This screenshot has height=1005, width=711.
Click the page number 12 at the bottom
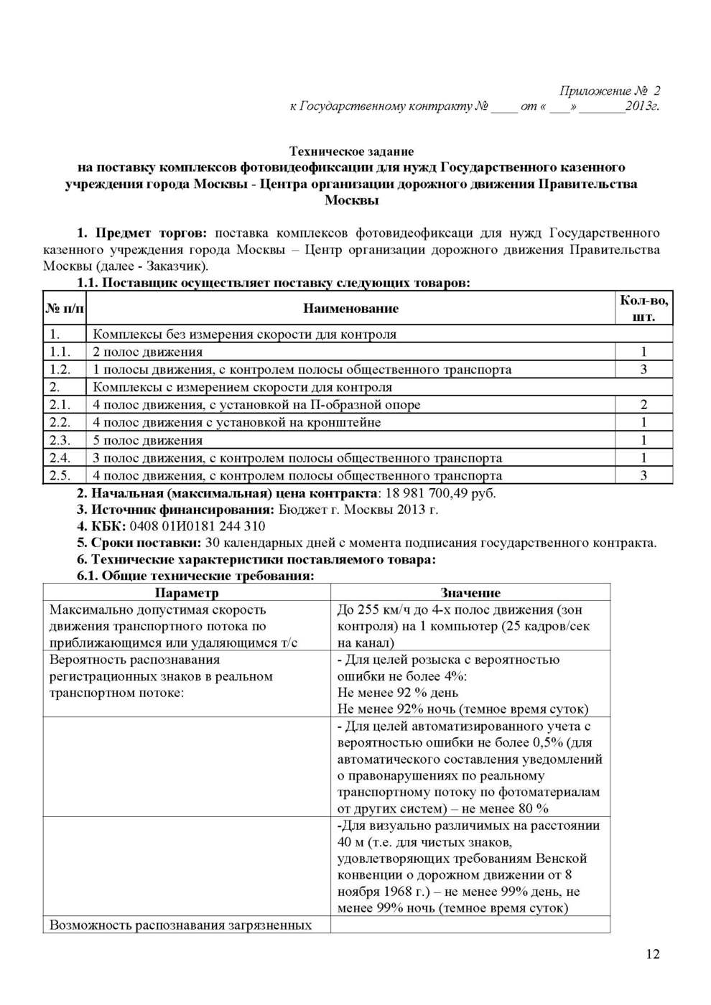click(652, 954)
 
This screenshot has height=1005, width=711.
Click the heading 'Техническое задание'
click(351, 151)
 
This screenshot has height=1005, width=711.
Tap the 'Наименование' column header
click(350, 309)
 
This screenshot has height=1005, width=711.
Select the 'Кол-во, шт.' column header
click(643, 308)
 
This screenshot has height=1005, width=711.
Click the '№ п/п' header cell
click(65, 309)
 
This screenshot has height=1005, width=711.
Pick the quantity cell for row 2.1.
click(643, 405)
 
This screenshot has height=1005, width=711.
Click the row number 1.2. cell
click(60, 370)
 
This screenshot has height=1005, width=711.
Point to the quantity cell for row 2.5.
click(643, 475)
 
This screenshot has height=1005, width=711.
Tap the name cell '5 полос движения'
click(148, 440)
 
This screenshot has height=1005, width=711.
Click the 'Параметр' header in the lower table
click(187, 593)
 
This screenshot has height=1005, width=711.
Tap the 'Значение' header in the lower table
click(470, 593)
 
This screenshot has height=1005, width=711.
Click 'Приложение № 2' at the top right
click(609, 91)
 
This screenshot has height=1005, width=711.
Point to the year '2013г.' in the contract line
click(642, 107)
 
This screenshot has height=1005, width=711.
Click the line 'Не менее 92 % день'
click(397, 693)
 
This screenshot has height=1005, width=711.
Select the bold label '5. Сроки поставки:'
click(139, 543)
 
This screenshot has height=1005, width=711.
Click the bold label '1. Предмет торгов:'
click(142, 233)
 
